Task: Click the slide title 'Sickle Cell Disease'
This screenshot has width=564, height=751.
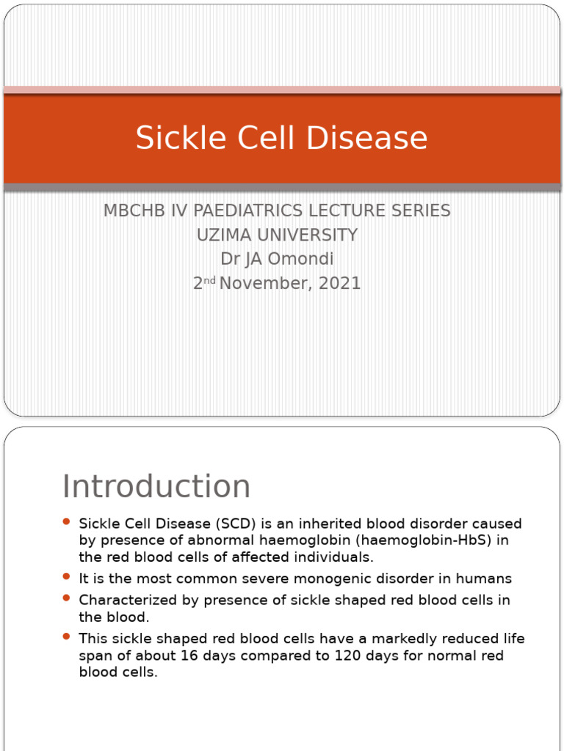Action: tap(281, 138)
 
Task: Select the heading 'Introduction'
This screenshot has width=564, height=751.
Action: tap(156, 486)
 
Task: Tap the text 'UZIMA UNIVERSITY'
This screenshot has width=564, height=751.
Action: tap(277, 235)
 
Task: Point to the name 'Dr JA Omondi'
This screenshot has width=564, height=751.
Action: tap(277, 260)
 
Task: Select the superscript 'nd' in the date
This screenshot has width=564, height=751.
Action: tap(209, 280)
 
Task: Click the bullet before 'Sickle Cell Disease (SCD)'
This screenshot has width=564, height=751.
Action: tap(66, 521)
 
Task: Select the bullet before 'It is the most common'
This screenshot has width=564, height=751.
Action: tap(66, 576)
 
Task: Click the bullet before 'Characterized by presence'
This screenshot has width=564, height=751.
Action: tap(66, 598)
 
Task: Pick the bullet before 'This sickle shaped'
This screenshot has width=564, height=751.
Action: tap(66, 636)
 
